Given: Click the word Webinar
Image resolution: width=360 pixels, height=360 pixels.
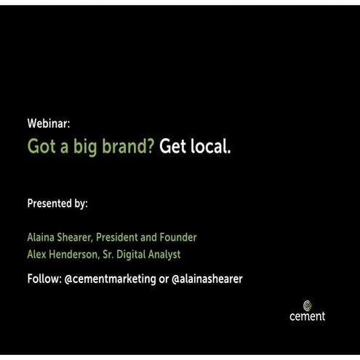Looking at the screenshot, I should pos(48,124).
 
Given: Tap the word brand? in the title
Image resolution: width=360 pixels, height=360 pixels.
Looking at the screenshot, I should pos(129,147).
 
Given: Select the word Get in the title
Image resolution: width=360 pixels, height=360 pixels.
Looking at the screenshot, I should pos(172,147).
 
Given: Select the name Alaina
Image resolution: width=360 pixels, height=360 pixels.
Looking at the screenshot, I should pos(42,238).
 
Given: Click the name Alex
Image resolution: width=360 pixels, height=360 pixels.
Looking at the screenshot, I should pos(38,255).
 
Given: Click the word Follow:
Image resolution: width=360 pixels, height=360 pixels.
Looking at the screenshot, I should pos(44,279).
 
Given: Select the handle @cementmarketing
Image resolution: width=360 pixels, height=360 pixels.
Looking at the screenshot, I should pos(110,279).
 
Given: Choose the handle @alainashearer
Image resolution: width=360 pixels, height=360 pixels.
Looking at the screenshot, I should pos(207,279).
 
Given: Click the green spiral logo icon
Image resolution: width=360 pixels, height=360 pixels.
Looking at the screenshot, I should pos(308,305).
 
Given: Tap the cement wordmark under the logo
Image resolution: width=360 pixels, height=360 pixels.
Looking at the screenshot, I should pos(308,316).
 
